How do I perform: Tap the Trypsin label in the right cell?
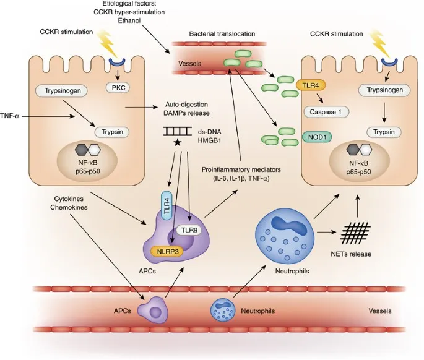pyautogui.click(x=384, y=132)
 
